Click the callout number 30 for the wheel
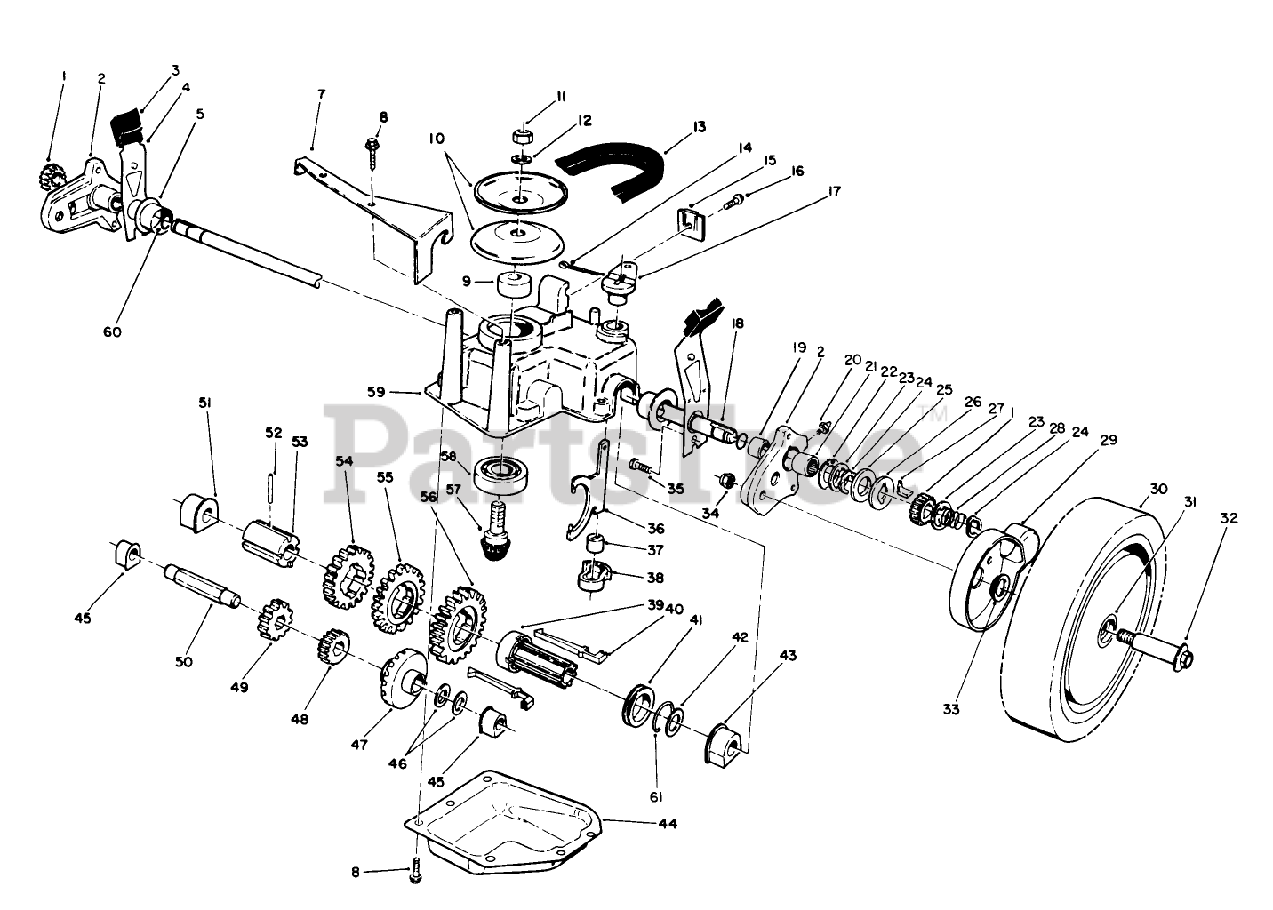point(1156,488)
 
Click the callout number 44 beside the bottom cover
point(667,824)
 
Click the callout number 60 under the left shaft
point(112,332)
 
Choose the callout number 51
point(206,402)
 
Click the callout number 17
point(833,190)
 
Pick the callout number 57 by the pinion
point(454,489)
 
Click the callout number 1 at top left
point(63,75)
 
